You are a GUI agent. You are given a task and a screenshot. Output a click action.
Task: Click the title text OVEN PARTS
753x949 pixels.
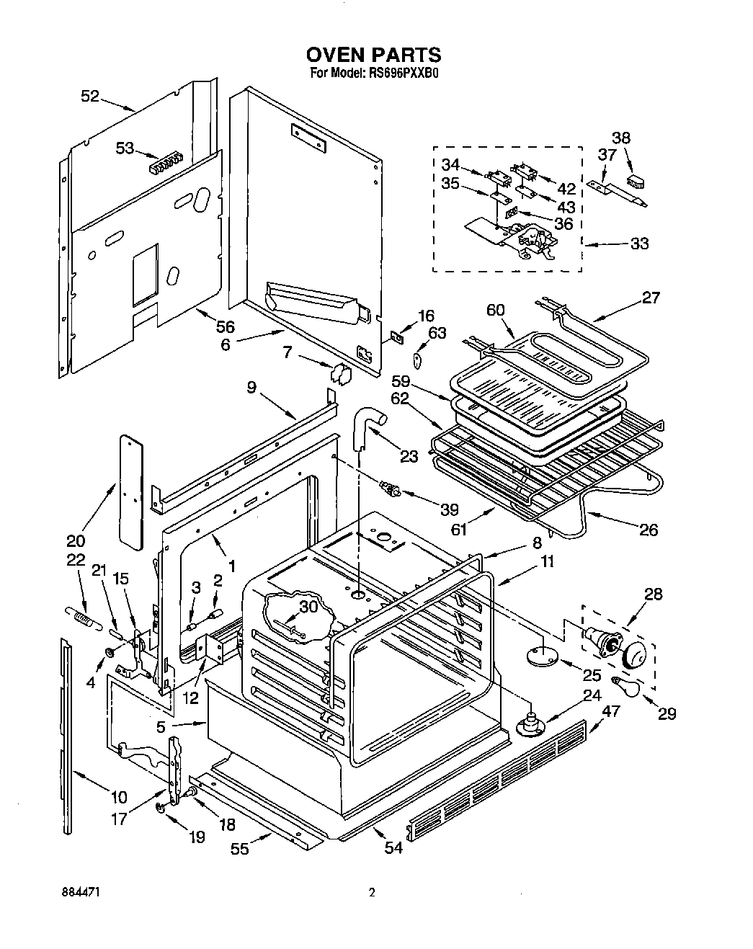point(373,55)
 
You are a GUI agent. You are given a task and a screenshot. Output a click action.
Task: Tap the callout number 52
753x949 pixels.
point(90,96)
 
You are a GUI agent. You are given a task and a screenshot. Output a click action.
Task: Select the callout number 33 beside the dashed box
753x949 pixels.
point(639,244)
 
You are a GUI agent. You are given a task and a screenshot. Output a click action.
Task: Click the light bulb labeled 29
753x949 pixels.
point(623,685)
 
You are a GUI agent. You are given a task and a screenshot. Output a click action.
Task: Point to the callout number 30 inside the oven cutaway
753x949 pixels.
point(309,607)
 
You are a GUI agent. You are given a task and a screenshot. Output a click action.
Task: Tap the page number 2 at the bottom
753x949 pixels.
point(372,893)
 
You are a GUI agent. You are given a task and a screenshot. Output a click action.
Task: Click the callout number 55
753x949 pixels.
point(240,849)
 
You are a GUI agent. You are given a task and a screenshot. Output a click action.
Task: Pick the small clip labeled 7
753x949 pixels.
point(339,373)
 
